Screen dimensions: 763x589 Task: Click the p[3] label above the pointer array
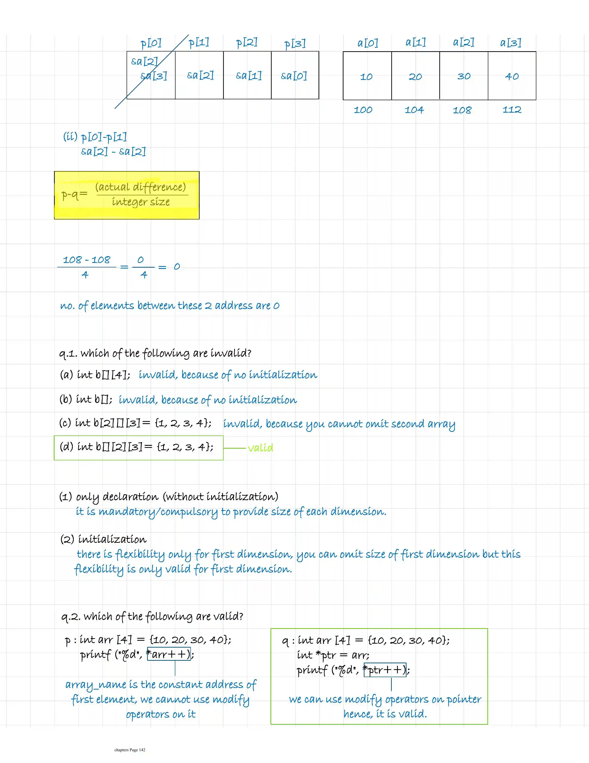(x=295, y=44)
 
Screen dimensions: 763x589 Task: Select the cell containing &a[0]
(x=294, y=75)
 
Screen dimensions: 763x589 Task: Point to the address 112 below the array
(x=512, y=110)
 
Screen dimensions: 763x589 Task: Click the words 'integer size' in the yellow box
(x=141, y=202)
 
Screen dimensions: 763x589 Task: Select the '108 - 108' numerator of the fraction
(x=86, y=259)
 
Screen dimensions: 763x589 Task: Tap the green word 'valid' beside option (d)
(x=260, y=448)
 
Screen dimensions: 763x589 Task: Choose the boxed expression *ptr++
(x=385, y=670)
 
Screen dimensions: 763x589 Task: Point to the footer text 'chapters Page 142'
(x=130, y=750)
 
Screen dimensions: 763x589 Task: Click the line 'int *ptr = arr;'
(x=333, y=655)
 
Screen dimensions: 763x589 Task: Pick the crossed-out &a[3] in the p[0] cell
(x=154, y=76)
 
